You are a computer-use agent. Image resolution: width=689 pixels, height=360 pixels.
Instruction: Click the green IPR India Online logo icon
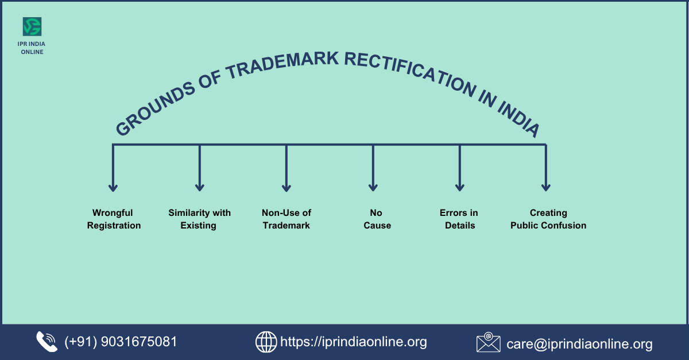pos(32,26)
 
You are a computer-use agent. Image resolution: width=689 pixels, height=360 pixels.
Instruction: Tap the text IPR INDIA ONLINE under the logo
pos(32,48)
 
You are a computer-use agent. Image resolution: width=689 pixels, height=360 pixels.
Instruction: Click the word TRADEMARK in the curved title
pos(283,65)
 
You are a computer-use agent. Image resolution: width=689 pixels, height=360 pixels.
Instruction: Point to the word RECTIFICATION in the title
pos(411,72)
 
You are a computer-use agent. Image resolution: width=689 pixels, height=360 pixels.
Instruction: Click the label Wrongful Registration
pos(114,219)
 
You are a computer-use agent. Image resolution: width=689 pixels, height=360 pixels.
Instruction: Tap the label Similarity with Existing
pos(199,219)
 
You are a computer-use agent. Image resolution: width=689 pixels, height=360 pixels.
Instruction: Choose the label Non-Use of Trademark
pos(287,219)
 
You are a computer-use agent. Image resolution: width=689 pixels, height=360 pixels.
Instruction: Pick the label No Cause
pos(377,219)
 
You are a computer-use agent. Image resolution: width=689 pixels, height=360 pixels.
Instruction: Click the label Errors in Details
pos(459,219)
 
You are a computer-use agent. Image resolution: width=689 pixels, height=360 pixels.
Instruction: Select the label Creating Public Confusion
pos(548,219)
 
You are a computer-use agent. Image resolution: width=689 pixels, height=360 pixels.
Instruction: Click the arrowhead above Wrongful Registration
pos(113,187)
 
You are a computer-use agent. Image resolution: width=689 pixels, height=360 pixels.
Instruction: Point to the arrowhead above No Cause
pos(373,187)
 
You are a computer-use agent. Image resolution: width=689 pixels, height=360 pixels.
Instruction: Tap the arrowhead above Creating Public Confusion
pos(546,187)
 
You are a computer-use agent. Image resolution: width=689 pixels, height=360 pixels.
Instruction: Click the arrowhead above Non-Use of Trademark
pos(287,187)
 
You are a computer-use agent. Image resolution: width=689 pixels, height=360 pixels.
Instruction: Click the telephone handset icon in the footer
pos(47,342)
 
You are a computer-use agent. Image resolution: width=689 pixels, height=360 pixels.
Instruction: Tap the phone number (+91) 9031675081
pos(121,342)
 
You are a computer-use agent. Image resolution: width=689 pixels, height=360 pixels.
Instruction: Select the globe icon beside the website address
pos(266,342)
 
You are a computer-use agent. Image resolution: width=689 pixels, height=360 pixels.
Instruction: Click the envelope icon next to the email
pos(489,342)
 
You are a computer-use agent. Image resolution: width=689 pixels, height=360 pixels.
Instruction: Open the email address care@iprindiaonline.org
pos(579,344)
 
